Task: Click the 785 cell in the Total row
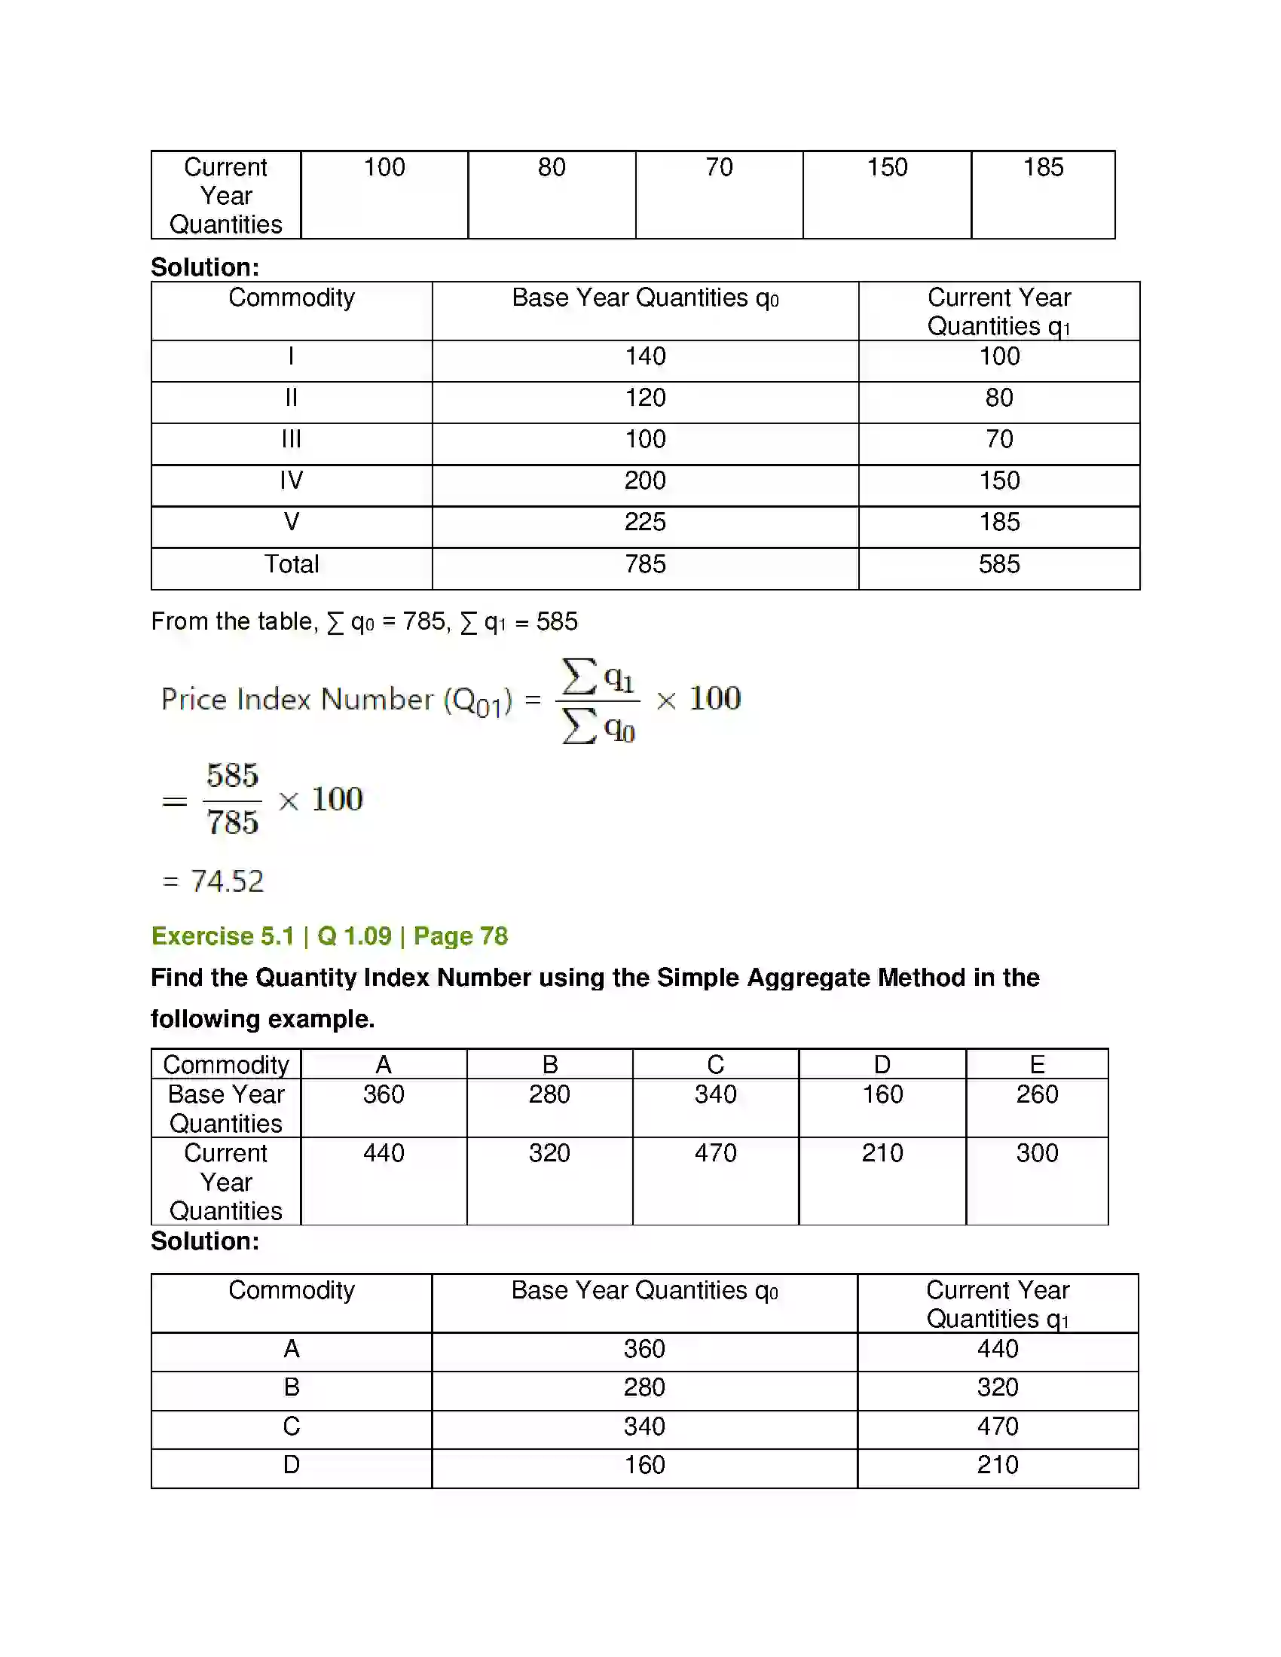coord(645,564)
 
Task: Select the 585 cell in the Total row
coord(998,564)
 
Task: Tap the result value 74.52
coord(227,881)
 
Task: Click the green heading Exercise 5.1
coord(222,936)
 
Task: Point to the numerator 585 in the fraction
coord(232,775)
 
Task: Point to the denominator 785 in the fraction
coord(232,822)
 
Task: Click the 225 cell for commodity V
coord(645,522)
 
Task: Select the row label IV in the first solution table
coord(292,481)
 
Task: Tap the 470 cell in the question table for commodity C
coord(716,1153)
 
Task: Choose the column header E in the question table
coord(1037,1064)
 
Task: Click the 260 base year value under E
coord(1037,1094)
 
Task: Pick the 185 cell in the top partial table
coord(1043,167)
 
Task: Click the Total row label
coord(292,564)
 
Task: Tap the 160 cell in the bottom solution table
coord(644,1465)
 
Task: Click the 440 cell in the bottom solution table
coord(997,1349)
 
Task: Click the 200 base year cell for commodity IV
coord(645,481)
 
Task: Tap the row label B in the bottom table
coord(292,1387)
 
